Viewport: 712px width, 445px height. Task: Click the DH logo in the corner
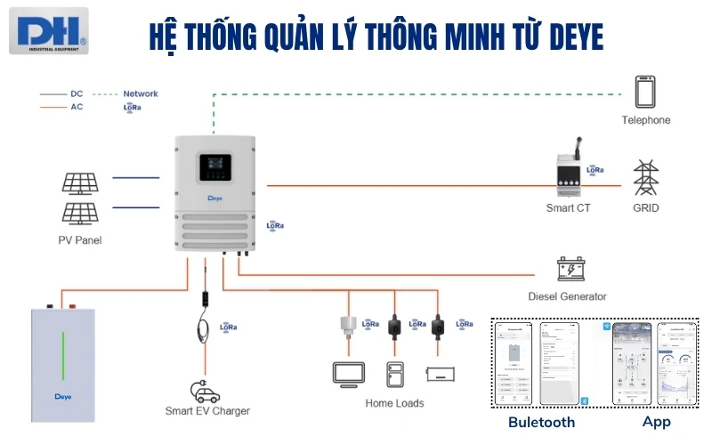click(x=48, y=29)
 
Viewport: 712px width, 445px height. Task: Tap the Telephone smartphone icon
click(x=645, y=93)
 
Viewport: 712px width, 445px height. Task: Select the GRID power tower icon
click(x=645, y=178)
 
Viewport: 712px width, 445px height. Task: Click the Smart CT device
click(x=568, y=173)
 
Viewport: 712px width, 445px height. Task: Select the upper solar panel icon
click(x=79, y=182)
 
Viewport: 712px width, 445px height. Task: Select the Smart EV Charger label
click(x=207, y=411)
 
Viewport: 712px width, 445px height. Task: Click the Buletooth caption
click(x=541, y=422)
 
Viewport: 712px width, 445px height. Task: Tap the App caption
click(x=656, y=422)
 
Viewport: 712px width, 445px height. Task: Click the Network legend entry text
click(x=141, y=93)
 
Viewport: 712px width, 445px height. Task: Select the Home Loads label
click(x=394, y=403)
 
